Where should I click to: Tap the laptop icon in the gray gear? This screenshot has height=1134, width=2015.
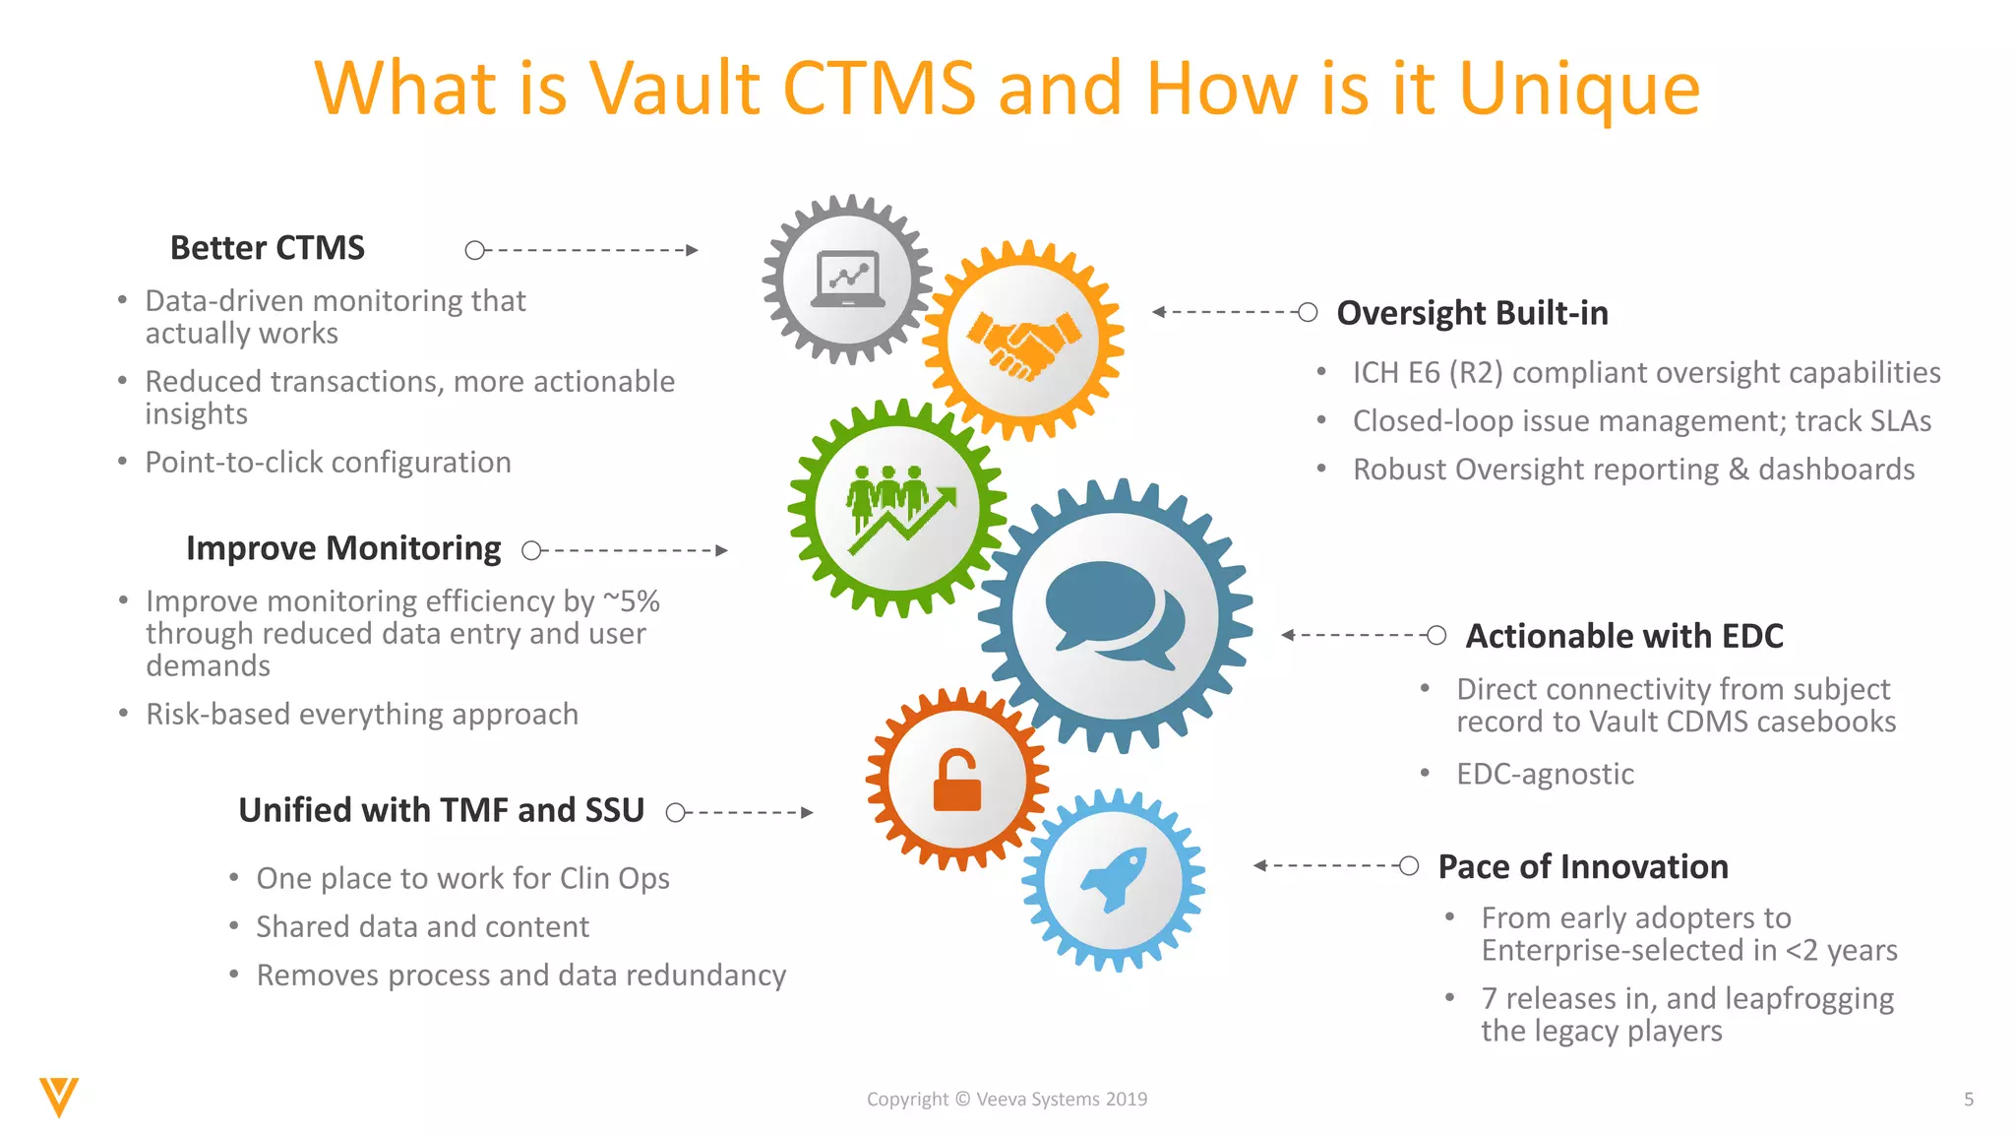coord(847,279)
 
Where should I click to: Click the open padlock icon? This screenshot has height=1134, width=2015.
coord(957,781)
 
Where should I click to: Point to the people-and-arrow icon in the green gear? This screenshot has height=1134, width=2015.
coord(899,508)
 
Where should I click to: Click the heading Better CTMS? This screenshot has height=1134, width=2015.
coord(267,248)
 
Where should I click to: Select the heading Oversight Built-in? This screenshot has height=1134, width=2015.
coord(1472,313)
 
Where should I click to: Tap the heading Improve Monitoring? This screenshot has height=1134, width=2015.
coord(343,548)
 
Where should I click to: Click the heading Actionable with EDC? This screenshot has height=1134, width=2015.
coord(1624,636)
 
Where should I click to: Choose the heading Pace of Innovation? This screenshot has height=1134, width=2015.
coord(1583,866)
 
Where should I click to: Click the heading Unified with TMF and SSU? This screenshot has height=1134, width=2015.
coord(441,810)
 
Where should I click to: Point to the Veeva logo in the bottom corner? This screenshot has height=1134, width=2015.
coord(59,1097)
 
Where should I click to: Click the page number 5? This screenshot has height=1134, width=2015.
coord(1969,1100)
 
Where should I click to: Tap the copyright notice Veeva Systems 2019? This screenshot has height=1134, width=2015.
coord(1007,1100)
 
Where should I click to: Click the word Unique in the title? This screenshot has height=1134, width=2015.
coord(1579,90)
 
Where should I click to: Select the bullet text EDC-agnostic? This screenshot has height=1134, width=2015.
coord(1545,774)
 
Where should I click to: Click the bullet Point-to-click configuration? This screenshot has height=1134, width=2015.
coord(328,462)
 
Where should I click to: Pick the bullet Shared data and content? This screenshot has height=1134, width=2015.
coord(422,926)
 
